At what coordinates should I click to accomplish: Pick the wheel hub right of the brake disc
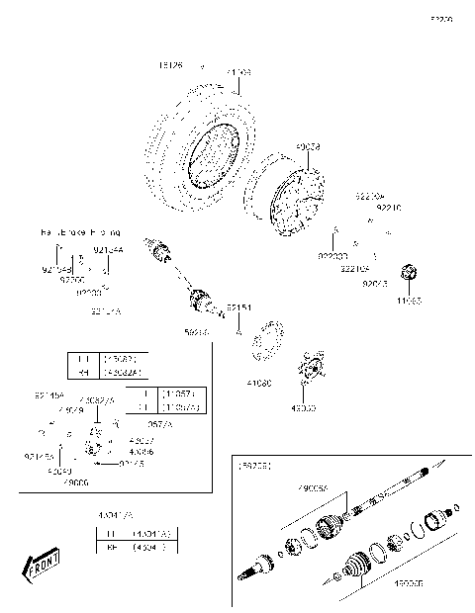pos(315,368)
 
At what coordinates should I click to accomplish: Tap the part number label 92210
pos(391,208)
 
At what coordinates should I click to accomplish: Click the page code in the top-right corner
pos(440,19)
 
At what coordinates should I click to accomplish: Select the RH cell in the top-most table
pos(84,373)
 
